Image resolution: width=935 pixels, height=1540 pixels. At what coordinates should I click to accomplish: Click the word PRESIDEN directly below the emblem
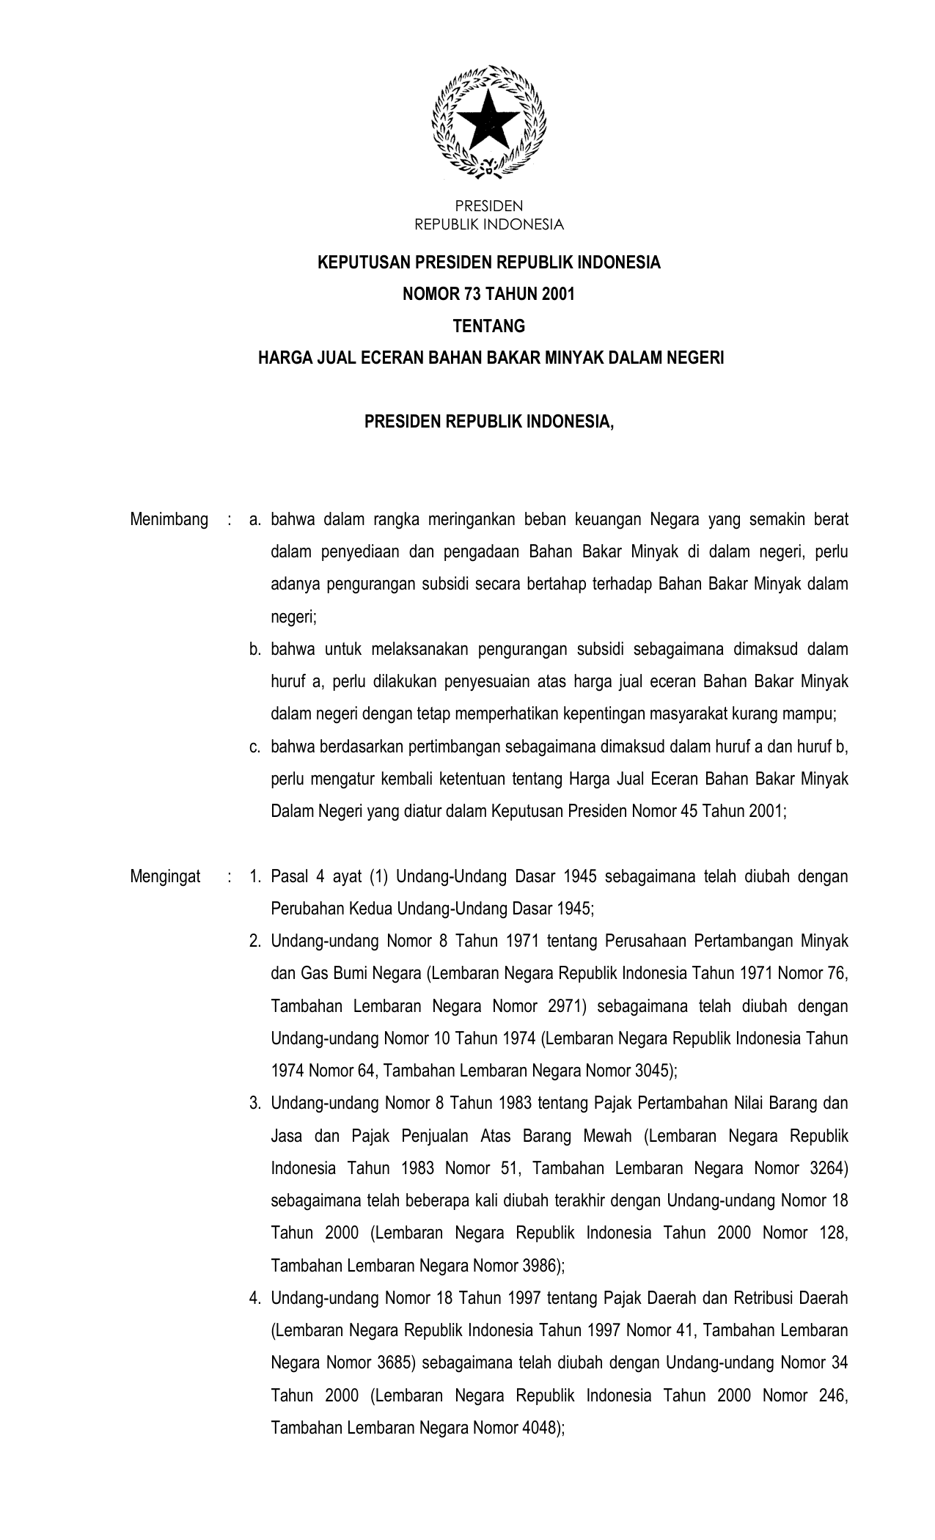[x=489, y=206]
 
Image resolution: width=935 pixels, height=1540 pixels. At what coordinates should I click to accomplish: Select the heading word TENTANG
[x=489, y=326]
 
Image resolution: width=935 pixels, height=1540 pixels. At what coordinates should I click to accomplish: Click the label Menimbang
[x=169, y=520]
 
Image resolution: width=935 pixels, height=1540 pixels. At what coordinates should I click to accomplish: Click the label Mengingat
[x=166, y=876]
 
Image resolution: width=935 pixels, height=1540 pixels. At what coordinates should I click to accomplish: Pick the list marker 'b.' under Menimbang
[x=255, y=649]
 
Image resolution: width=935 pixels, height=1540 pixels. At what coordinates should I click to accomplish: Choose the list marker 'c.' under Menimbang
[x=255, y=747]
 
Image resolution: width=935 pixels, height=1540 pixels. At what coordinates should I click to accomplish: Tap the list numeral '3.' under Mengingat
[x=255, y=1104]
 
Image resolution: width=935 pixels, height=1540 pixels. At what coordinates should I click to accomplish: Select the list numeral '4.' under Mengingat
[x=255, y=1299]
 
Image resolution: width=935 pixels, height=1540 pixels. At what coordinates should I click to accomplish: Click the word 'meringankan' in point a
[x=469, y=520]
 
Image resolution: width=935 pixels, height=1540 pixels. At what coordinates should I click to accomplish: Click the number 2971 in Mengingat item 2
[x=567, y=1006]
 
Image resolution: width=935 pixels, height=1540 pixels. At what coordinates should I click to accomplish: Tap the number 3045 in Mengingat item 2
[x=650, y=1071]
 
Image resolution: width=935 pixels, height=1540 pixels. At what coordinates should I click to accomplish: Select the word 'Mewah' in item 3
[x=606, y=1136]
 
